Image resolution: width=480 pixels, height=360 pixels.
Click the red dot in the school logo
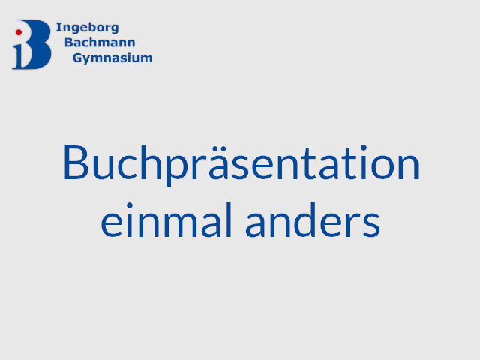[x=19, y=32]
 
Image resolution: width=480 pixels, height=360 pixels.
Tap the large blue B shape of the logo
[x=37, y=44]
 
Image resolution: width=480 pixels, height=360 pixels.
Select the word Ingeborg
[x=88, y=28]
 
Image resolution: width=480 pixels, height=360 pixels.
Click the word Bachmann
[x=100, y=43]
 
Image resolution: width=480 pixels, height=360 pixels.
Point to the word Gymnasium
[x=112, y=58]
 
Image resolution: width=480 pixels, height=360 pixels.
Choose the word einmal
[x=166, y=220]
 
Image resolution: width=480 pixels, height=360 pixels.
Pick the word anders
[x=313, y=220]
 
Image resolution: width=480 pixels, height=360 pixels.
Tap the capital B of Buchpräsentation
[x=76, y=163]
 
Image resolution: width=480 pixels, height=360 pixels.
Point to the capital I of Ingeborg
[x=58, y=27]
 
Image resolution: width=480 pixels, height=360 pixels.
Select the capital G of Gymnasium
[x=78, y=58]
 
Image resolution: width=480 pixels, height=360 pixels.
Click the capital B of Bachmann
[x=69, y=43]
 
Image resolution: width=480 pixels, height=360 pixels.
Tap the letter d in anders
[x=307, y=220]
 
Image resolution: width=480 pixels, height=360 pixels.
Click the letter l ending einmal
[x=229, y=220]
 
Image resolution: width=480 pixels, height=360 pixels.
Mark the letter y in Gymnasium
[x=88, y=60]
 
